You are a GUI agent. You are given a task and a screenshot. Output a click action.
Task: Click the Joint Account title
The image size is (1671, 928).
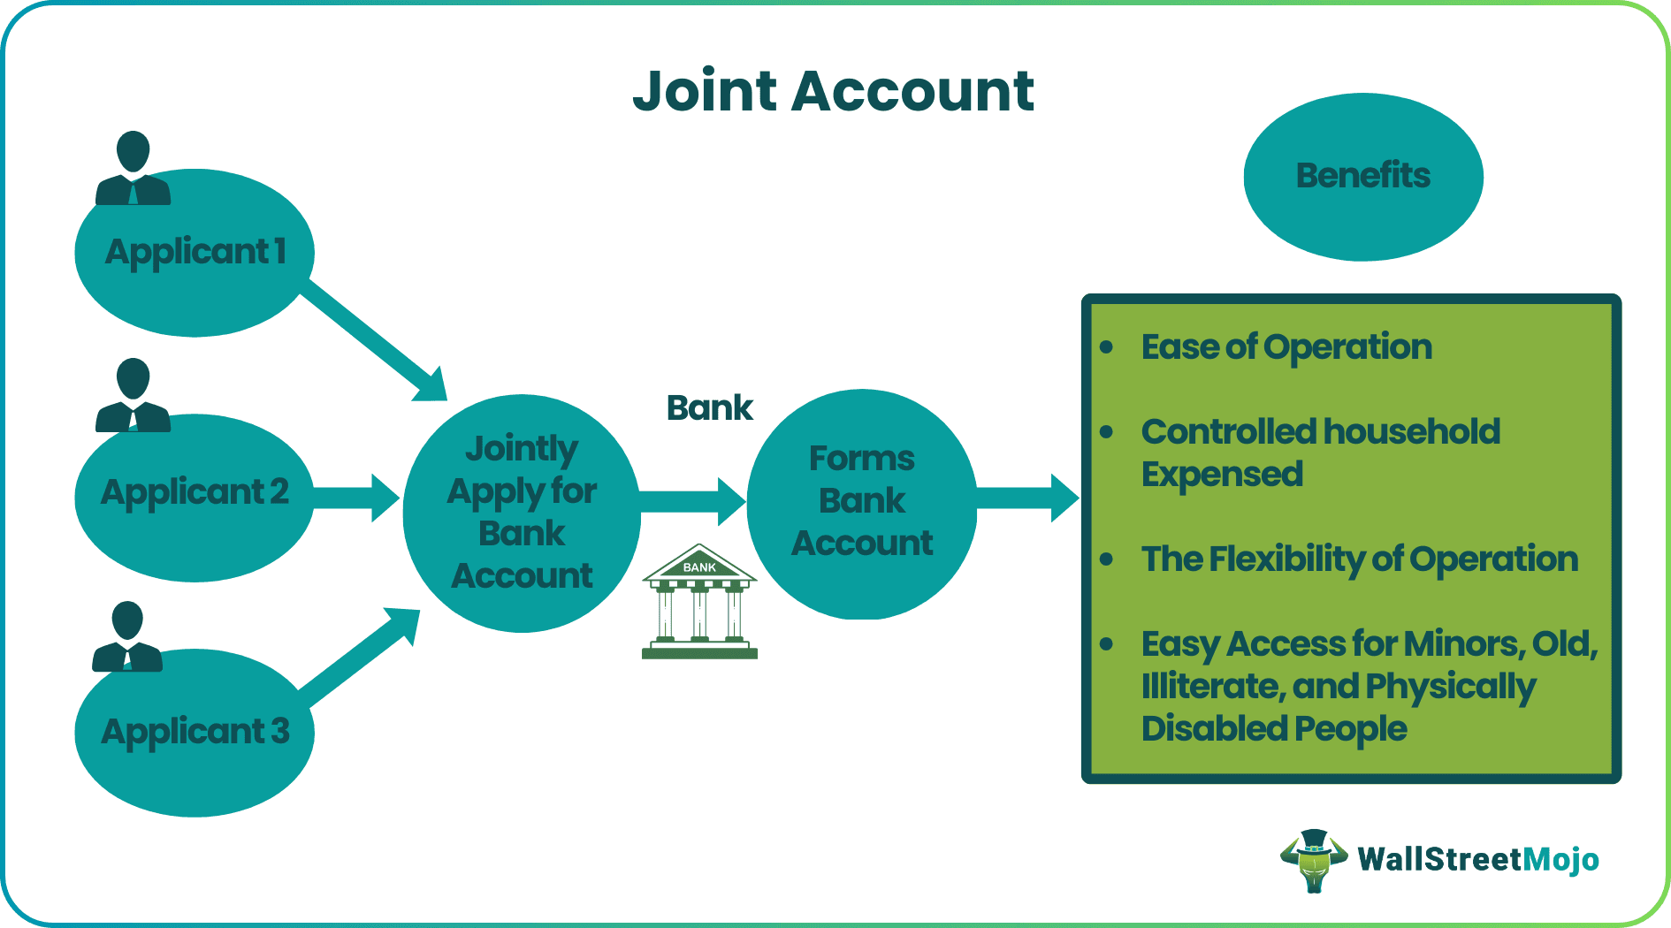834,91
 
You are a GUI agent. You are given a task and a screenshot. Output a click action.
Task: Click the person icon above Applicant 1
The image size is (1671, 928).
133,168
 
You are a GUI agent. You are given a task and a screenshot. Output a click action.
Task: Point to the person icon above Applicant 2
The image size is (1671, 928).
133,395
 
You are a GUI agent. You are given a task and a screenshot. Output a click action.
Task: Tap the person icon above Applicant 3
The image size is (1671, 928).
127,636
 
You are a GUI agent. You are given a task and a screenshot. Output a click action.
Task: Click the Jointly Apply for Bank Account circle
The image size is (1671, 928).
522,513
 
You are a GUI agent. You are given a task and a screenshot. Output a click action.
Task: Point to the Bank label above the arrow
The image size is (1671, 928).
709,408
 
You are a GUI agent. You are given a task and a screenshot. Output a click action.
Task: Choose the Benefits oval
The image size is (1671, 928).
1362,176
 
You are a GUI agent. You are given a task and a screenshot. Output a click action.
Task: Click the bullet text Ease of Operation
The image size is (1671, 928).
1286,347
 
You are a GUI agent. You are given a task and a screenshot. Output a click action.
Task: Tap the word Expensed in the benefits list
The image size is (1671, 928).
1222,475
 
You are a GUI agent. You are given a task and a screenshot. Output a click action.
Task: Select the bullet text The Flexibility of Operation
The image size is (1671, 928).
1359,559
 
